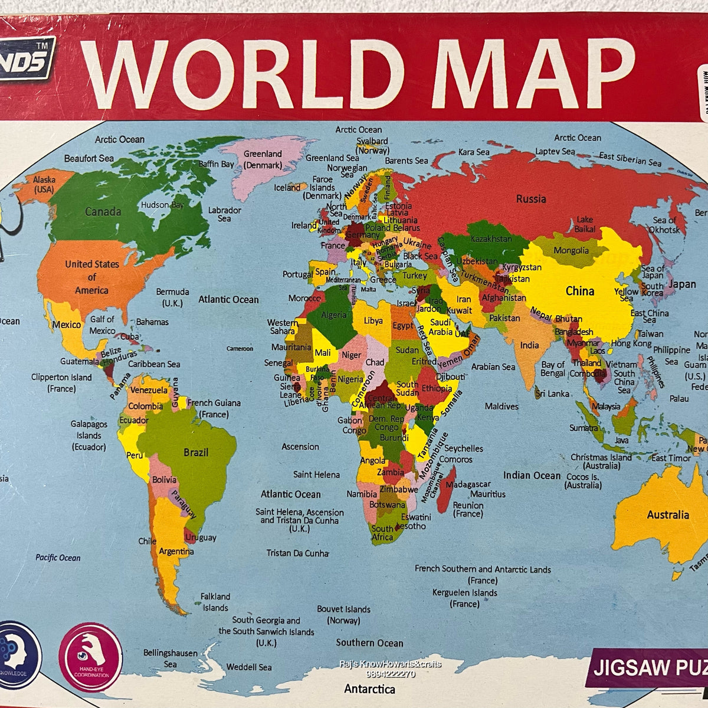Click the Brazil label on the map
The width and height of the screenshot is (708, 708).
click(196, 453)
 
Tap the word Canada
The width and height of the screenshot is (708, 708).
click(103, 211)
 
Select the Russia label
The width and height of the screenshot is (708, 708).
click(531, 199)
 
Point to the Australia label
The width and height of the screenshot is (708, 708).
click(668, 514)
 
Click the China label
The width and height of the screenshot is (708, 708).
click(580, 291)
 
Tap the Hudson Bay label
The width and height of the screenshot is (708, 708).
click(162, 205)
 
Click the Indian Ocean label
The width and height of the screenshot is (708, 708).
click(532, 475)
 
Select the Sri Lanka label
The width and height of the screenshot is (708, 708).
click(552, 393)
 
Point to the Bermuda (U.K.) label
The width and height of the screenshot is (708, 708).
click(172, 297)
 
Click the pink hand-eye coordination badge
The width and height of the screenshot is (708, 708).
click(91, 657)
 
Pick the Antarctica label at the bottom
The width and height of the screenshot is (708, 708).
click(370, 689)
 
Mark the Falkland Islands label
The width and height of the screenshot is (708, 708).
click(215, 602)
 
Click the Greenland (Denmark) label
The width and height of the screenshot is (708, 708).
click(263, 159)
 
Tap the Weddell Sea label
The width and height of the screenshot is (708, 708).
click(249, 667)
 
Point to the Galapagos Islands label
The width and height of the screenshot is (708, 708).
click(89, 435)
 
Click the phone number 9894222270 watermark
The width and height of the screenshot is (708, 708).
click(390, 674)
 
